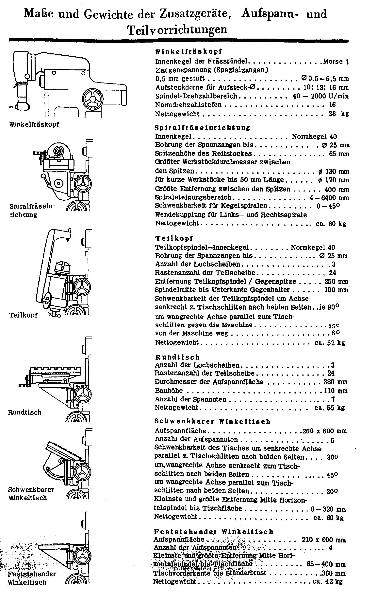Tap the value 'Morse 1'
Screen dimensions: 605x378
[x=336, y=62]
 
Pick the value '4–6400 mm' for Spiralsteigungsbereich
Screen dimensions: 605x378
[x=329, y=198]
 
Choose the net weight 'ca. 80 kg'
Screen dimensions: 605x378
[x=331, y=224]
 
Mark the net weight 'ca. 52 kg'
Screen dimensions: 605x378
[x=330, y=343]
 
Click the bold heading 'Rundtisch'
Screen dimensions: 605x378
[x=177, y=357]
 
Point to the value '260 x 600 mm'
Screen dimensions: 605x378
[x=324, y=431]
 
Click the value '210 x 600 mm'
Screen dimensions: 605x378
[x=323, y=540]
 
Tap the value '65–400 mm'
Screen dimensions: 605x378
[x=326, y=564]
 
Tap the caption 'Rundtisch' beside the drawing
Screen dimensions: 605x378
[x=25, y=412]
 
